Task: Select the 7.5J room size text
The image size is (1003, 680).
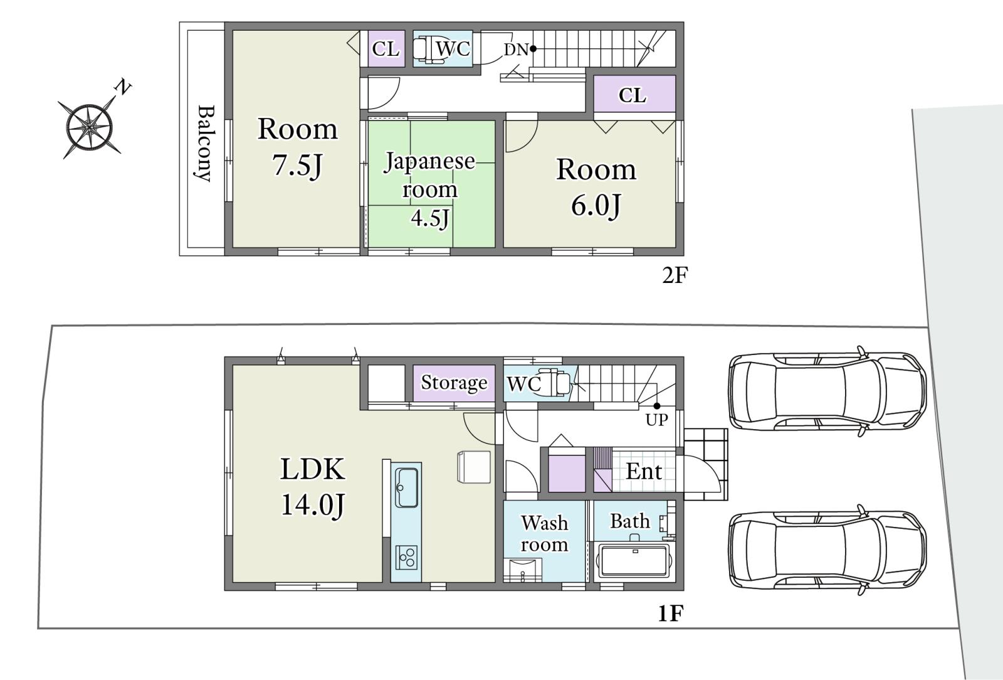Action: (297, 165)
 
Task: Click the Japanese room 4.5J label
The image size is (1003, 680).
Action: (429, 189)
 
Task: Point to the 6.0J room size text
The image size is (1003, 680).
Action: (596, 205)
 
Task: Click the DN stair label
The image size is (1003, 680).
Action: (517, 50)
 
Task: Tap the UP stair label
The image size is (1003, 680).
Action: (656, 420)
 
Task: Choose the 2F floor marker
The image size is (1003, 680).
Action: (675, 275)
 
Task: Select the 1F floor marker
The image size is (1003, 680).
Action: (670, 614)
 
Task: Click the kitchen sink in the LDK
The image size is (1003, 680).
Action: (407, 487)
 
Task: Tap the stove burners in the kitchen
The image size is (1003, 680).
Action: (407, 558)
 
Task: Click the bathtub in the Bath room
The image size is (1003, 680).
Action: (634, 561)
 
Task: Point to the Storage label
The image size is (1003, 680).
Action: (454, 383)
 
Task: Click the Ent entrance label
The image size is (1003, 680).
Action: (643, 471)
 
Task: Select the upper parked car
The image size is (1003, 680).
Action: (827, 391)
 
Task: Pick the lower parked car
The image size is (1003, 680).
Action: (827, 550)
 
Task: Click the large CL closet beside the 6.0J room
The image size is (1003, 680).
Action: (634, 94)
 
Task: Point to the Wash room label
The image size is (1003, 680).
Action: (545, 533)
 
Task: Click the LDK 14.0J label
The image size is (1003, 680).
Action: (313, 487)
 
